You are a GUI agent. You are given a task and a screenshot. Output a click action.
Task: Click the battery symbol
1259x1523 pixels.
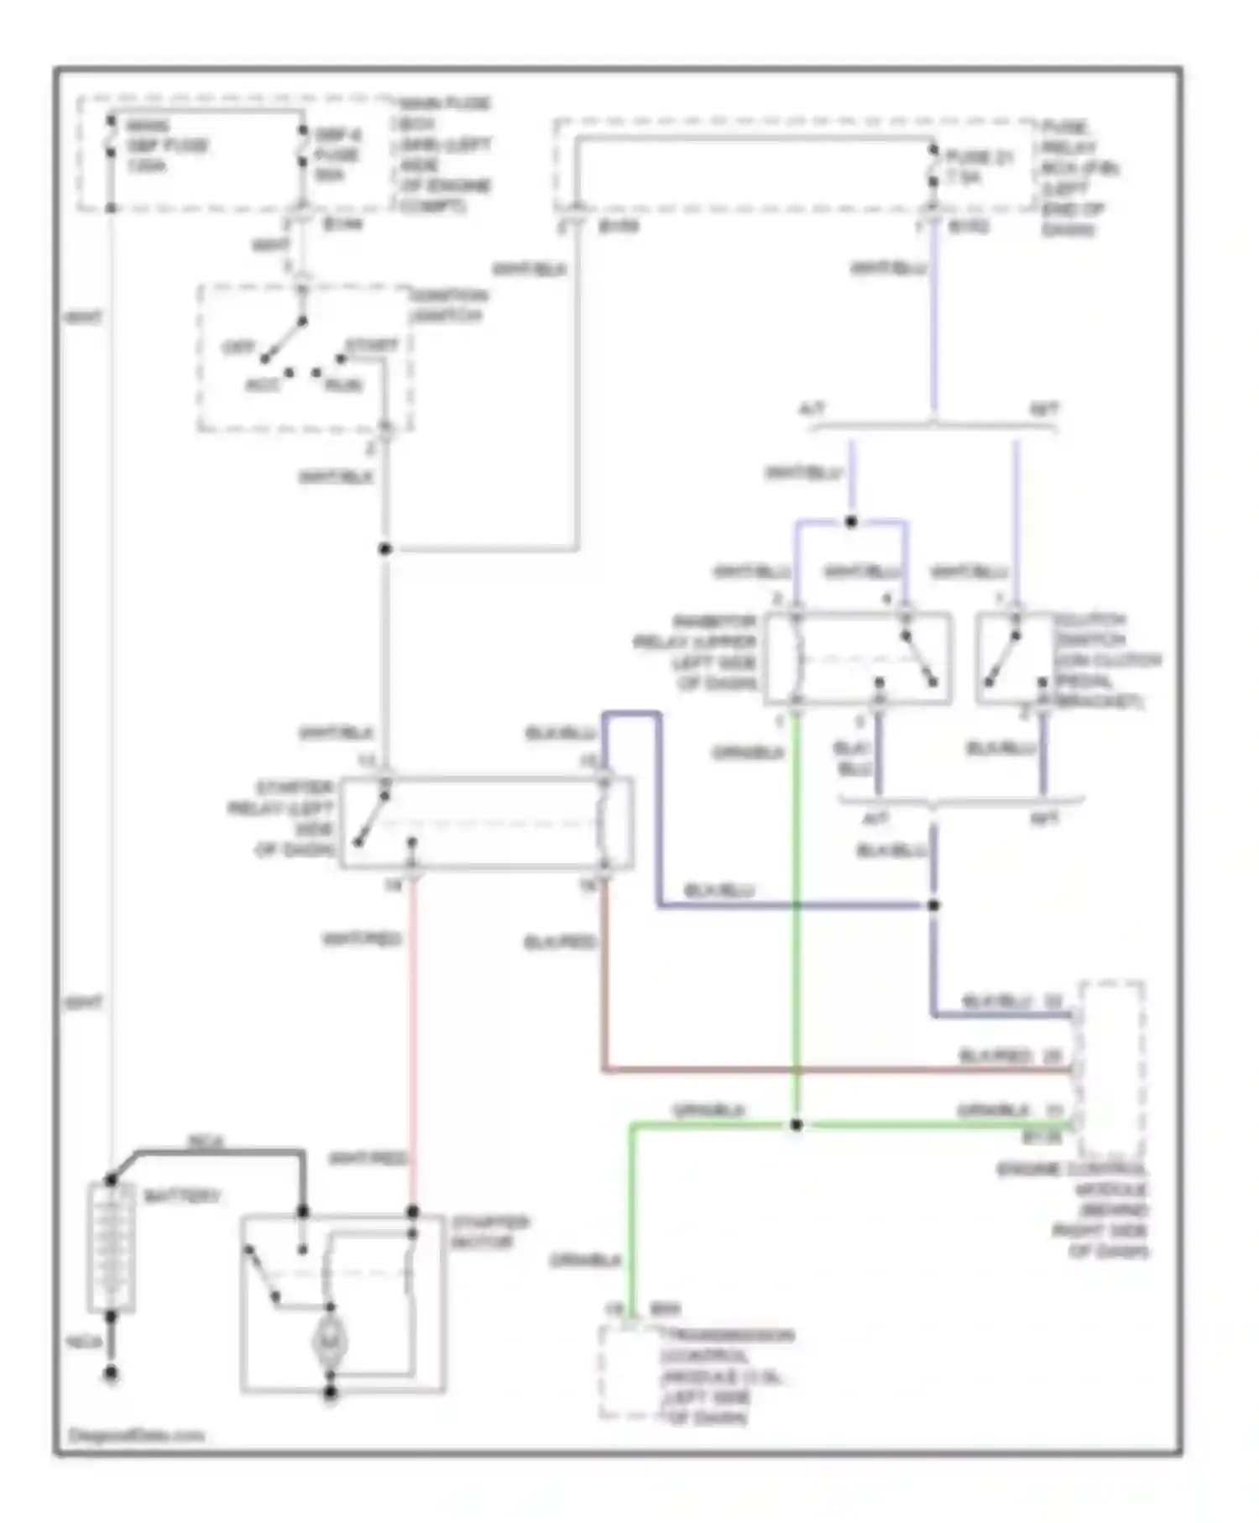[x=111, y=1246]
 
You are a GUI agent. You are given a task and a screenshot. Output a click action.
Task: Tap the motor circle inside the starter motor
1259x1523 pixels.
[x=330, y=1341]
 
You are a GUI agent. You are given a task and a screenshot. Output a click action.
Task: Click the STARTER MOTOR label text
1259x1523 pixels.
[x=490, y=1232]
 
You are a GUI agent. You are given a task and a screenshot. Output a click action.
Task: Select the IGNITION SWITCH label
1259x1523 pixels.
[x=448, y=306]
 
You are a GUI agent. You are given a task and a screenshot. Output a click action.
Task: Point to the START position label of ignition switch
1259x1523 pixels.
[x=372, y=345]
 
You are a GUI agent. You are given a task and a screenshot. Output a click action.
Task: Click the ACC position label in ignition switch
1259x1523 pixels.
[x=263, y=385]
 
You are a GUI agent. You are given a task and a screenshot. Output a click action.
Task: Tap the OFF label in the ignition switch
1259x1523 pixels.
[x=238, y=347]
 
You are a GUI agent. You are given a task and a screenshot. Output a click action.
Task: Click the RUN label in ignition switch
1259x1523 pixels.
[x=344, y=385]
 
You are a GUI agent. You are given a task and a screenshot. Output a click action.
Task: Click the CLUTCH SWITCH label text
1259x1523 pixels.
[x=1106, y=660]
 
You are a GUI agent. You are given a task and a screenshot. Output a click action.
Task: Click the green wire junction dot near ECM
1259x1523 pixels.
[x=796, y=1124]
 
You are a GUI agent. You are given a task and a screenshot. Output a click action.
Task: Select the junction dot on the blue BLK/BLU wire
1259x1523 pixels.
[x=933, y=905]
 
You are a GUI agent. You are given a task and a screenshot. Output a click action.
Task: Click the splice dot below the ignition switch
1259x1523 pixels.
[x=385, y=549]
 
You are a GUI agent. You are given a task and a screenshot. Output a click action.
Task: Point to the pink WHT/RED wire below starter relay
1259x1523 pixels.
[x=412, y=1033]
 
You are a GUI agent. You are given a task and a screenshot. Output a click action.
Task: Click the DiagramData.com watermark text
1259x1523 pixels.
[x=136, y=1435]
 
